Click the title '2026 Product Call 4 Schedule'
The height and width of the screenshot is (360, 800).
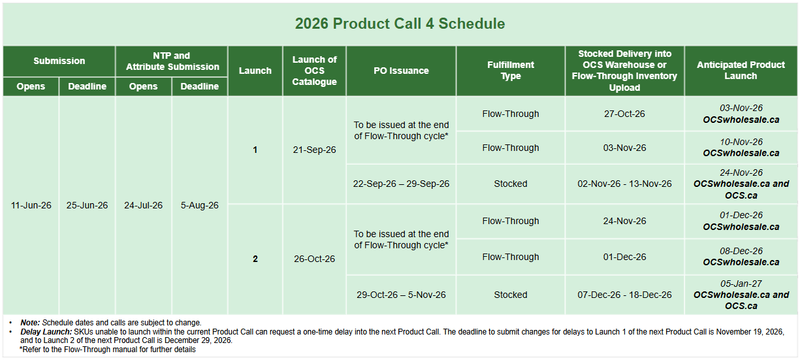coord(400,24)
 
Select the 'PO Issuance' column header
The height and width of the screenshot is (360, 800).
coord(401,71)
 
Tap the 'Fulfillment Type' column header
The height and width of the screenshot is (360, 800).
coord(511,71)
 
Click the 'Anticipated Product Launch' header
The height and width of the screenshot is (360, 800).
coord(741,71)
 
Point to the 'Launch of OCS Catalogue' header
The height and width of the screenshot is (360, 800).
coord(314,71)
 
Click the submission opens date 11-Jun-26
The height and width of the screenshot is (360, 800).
coord(31,205)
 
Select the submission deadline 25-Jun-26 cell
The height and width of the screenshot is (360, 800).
coord(87,205)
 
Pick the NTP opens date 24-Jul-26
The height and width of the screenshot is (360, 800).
coord(143,205)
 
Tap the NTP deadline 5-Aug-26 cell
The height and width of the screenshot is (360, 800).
coord(200,205)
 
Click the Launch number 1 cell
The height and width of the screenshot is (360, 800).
coord(255,150)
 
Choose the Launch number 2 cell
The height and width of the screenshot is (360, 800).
coord(255,259)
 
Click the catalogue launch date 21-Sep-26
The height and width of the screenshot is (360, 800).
coord(314,150)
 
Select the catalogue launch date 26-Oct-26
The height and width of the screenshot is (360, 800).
coord(314,259)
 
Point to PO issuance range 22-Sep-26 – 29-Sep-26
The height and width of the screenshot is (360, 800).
coord(401,184)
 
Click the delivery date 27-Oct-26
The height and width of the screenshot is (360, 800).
coord(624,114)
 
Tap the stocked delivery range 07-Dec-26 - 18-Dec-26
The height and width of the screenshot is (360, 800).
coord(624,295)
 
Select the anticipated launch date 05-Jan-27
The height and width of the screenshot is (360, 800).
coord(741,284)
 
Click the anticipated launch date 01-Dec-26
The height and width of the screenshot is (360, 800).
coord(741,216)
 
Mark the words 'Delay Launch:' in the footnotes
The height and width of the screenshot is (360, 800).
coord(46,332)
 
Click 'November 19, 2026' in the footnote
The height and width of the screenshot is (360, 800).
coord(750,332)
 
